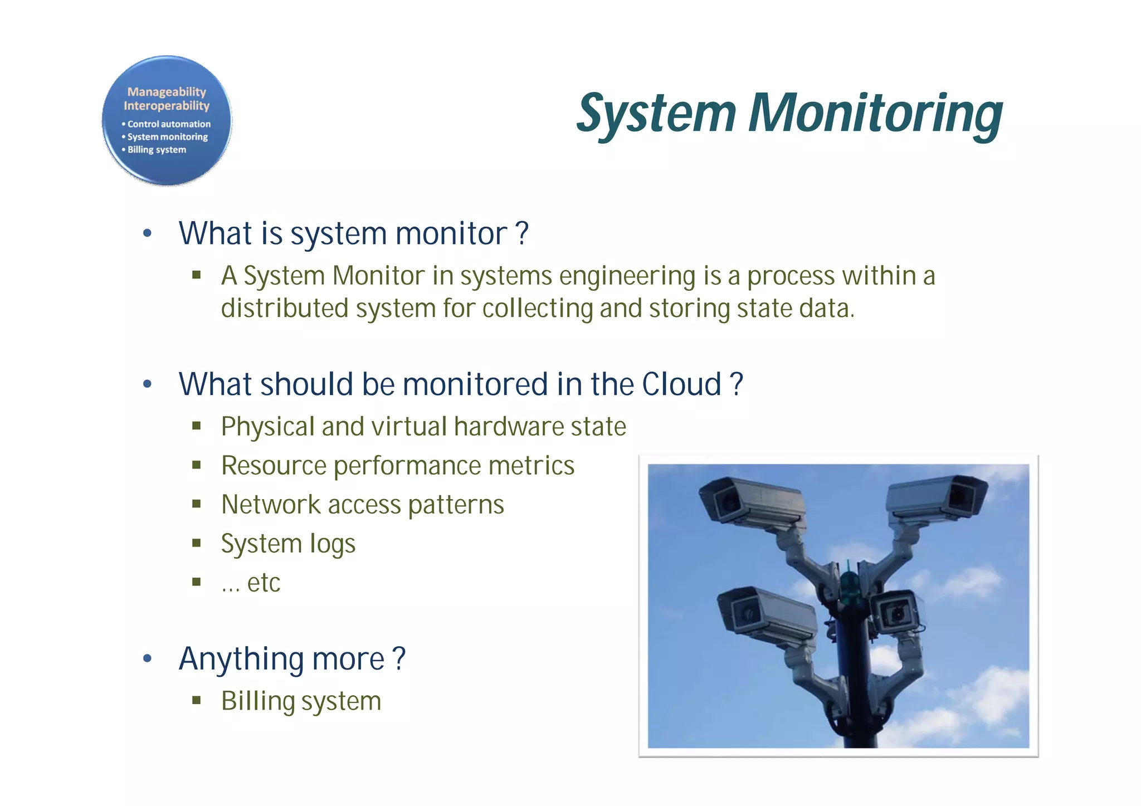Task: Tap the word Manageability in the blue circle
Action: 167,92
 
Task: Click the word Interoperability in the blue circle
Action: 167,106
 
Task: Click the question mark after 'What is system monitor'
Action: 522,233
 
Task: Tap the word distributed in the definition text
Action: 285,309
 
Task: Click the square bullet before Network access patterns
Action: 196,505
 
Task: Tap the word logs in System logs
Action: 333,544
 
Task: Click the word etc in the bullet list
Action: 264,583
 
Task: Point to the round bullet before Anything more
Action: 147,659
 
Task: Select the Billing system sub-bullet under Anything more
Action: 301,701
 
